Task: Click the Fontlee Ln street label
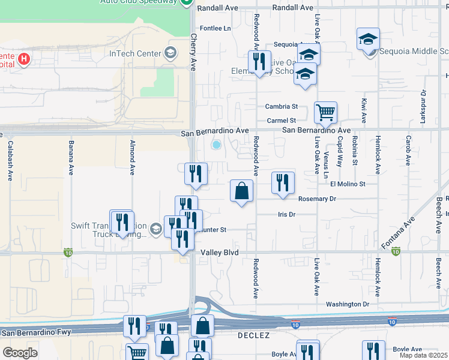coord(215,28)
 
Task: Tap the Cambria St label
coord(282,107)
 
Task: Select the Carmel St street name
coord(282,121)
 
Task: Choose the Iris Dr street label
coord(287,214)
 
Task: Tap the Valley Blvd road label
coord(220,253)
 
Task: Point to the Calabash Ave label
coord(10,160)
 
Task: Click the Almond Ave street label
coord(132,157)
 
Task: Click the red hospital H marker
coord(24,59)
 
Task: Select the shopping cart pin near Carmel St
coord(325,112)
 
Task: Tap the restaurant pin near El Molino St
coord(283,182)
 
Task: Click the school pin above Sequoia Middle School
coord(368,39)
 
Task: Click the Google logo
coord(20,353)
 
